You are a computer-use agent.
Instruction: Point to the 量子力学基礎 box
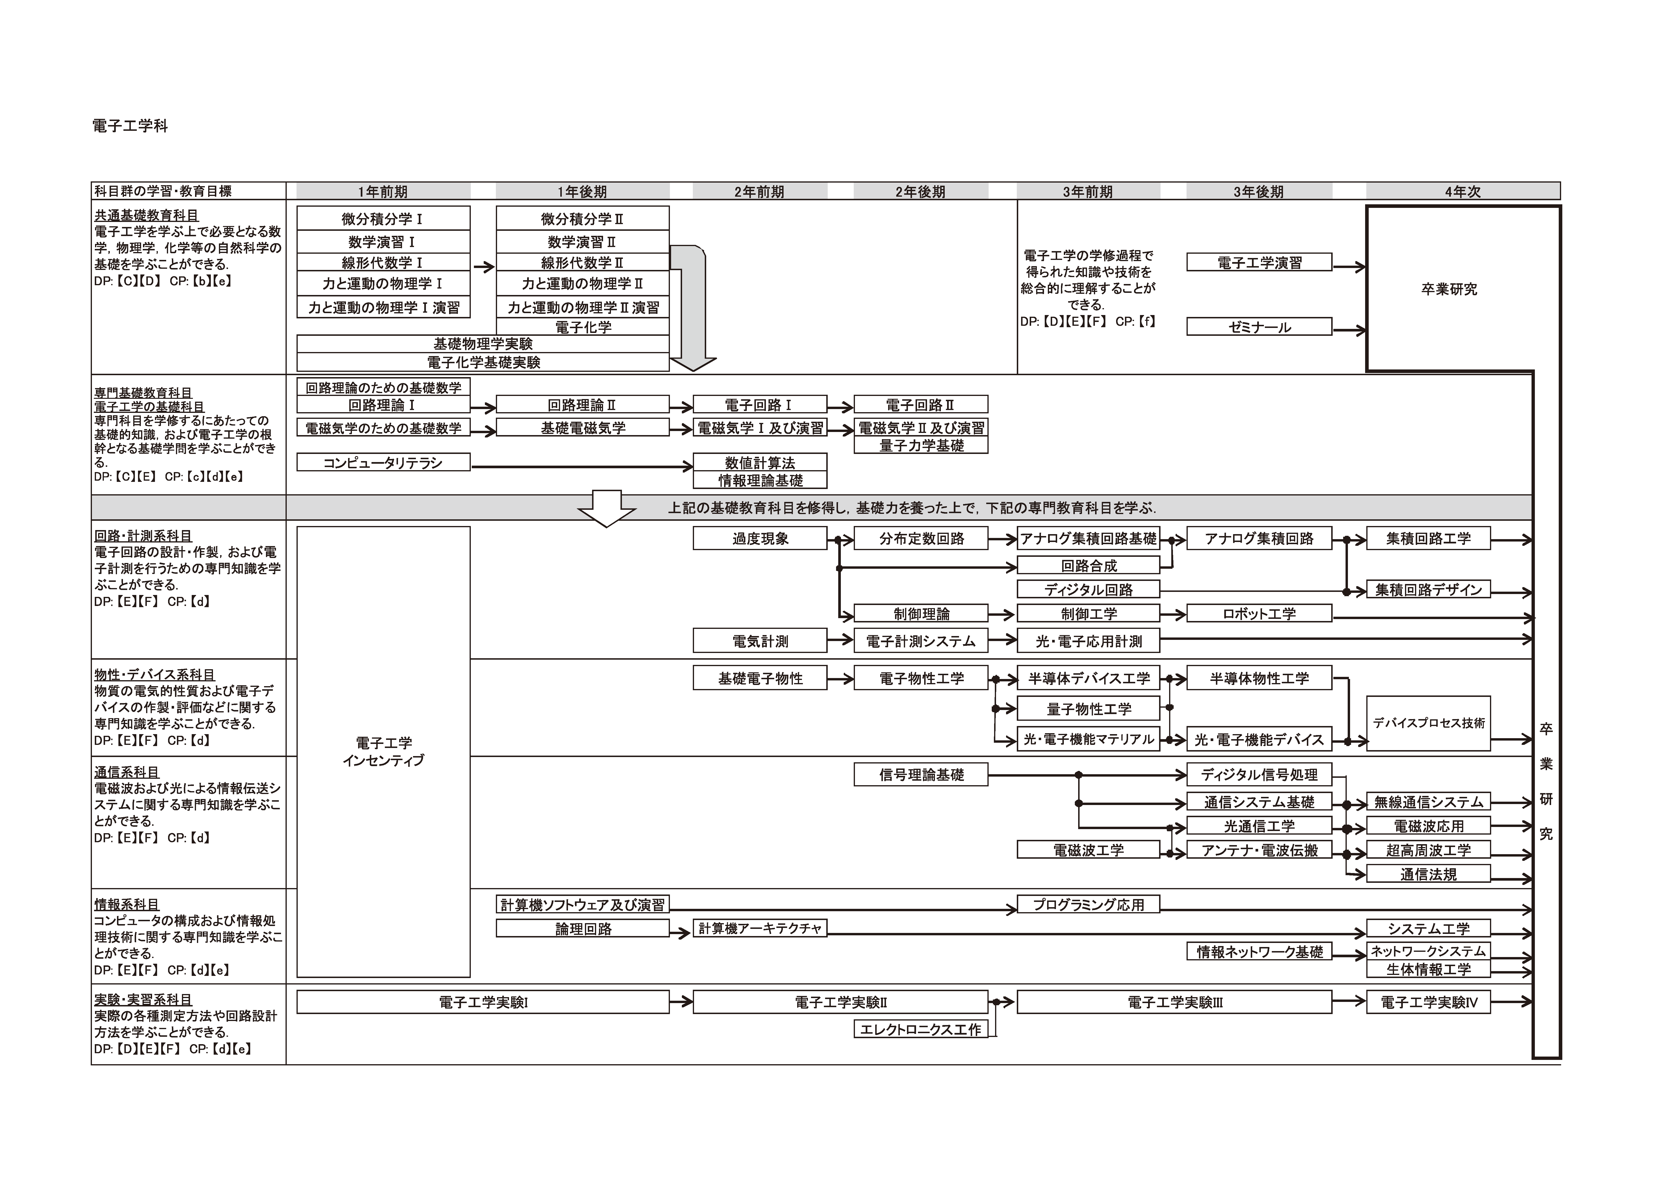[x=921, y=445]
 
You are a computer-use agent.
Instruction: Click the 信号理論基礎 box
[x=921, y=775]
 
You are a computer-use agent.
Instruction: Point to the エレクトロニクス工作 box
[x=921, y=1029]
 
